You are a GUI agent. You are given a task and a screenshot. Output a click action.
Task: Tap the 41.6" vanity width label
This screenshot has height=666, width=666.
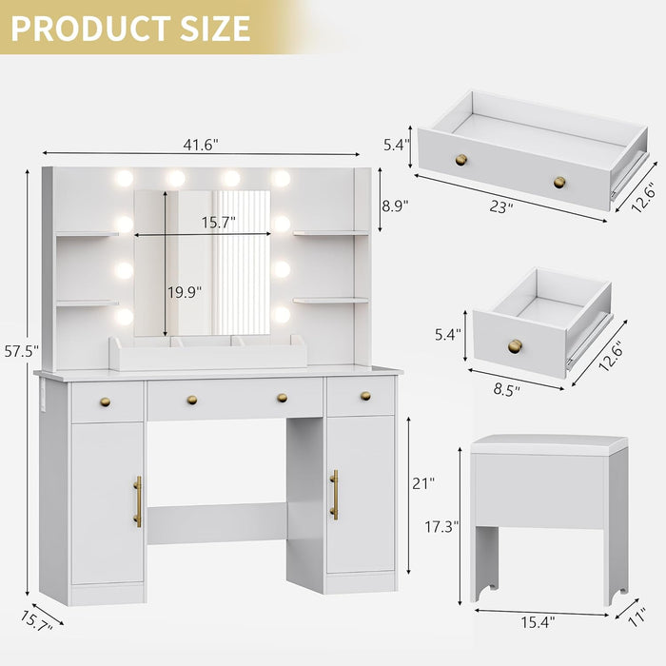click(x=201, y=145)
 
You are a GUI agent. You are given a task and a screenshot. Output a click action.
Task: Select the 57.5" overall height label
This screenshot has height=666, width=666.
click(x=20, y=351)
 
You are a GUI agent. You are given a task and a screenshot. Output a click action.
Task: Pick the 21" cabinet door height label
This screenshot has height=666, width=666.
click(x=424, y=483)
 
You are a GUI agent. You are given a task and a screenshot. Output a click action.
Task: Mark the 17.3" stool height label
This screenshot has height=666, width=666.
click(x=442, y=524)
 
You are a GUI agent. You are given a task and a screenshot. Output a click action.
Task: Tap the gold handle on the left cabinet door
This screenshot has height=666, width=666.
click(x=138, y=501)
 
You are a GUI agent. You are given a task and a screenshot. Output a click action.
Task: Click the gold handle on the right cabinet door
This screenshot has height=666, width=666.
click(x=334, y=495)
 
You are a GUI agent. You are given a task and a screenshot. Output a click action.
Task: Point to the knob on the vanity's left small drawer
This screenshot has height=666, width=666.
click(x=105, y=402)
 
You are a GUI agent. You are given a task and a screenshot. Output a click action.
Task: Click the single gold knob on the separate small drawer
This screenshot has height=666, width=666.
click(x=515, y=344)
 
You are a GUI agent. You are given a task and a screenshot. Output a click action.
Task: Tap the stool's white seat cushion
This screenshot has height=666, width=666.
click(x=549, y=443)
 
